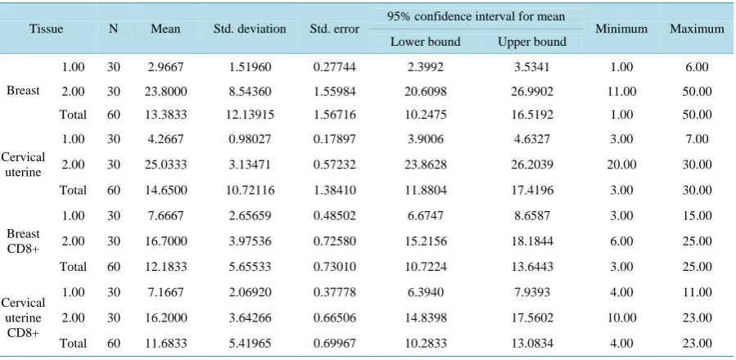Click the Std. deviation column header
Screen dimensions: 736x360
click(x=249, y=29)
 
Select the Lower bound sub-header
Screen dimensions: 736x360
click(x=425, y=42)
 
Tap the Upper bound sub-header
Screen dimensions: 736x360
click(x=532, y=42)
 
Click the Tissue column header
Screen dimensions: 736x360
click(x=46, y=29)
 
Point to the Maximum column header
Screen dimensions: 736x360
click(x=697, y=29)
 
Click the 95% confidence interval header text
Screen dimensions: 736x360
click(x=476, y=17)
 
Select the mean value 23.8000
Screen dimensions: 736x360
click(x=165, y=91)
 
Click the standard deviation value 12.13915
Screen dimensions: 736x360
click(x=249, y=115)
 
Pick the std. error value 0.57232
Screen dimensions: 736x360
click(x=334, y=164)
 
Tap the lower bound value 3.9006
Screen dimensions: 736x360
click(x=425, y=139)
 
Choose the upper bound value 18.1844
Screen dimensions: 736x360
click(x=532, y=241)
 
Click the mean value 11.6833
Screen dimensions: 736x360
click(x=165, y=344)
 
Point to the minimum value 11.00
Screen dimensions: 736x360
click(x=621, y=91)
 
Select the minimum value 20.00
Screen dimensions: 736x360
click(x=621, y=164)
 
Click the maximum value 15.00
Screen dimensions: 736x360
click(x=697, y=216)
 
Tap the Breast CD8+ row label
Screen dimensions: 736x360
click(x=23, y=241)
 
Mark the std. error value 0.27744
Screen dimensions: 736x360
click(x=334, y=67)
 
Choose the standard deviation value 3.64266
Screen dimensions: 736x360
click(x=249, y=318)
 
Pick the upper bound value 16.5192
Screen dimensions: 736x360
click(x=532, y=115)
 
